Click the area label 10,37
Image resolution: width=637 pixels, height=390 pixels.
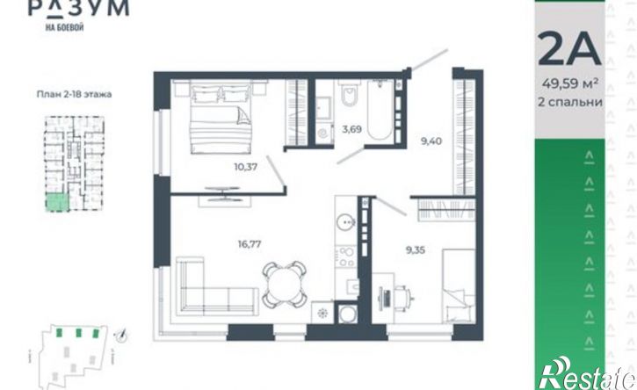point(246,167)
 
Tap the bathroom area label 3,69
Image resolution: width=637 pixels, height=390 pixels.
point(351,130)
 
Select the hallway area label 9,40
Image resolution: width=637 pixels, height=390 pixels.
point(431,141)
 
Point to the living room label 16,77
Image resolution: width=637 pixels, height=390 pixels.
point(250,244)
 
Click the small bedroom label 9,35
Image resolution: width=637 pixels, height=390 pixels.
point(416,249)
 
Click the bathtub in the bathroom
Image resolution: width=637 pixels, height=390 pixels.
point(380,111)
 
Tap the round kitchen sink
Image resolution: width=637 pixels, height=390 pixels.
point(345,222)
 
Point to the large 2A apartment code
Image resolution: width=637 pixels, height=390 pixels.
point(569,49)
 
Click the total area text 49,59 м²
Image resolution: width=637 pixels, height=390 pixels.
point(570,84)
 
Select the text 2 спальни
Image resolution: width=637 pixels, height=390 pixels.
point(570,102)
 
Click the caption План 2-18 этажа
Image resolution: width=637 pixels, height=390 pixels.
point(75,94)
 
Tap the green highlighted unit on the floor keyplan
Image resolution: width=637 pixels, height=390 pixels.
point(56,203)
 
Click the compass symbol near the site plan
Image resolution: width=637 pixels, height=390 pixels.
point(121,336)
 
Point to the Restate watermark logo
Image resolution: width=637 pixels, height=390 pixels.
point(587,374)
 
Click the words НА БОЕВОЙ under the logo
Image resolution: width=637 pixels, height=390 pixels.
point(65,27)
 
